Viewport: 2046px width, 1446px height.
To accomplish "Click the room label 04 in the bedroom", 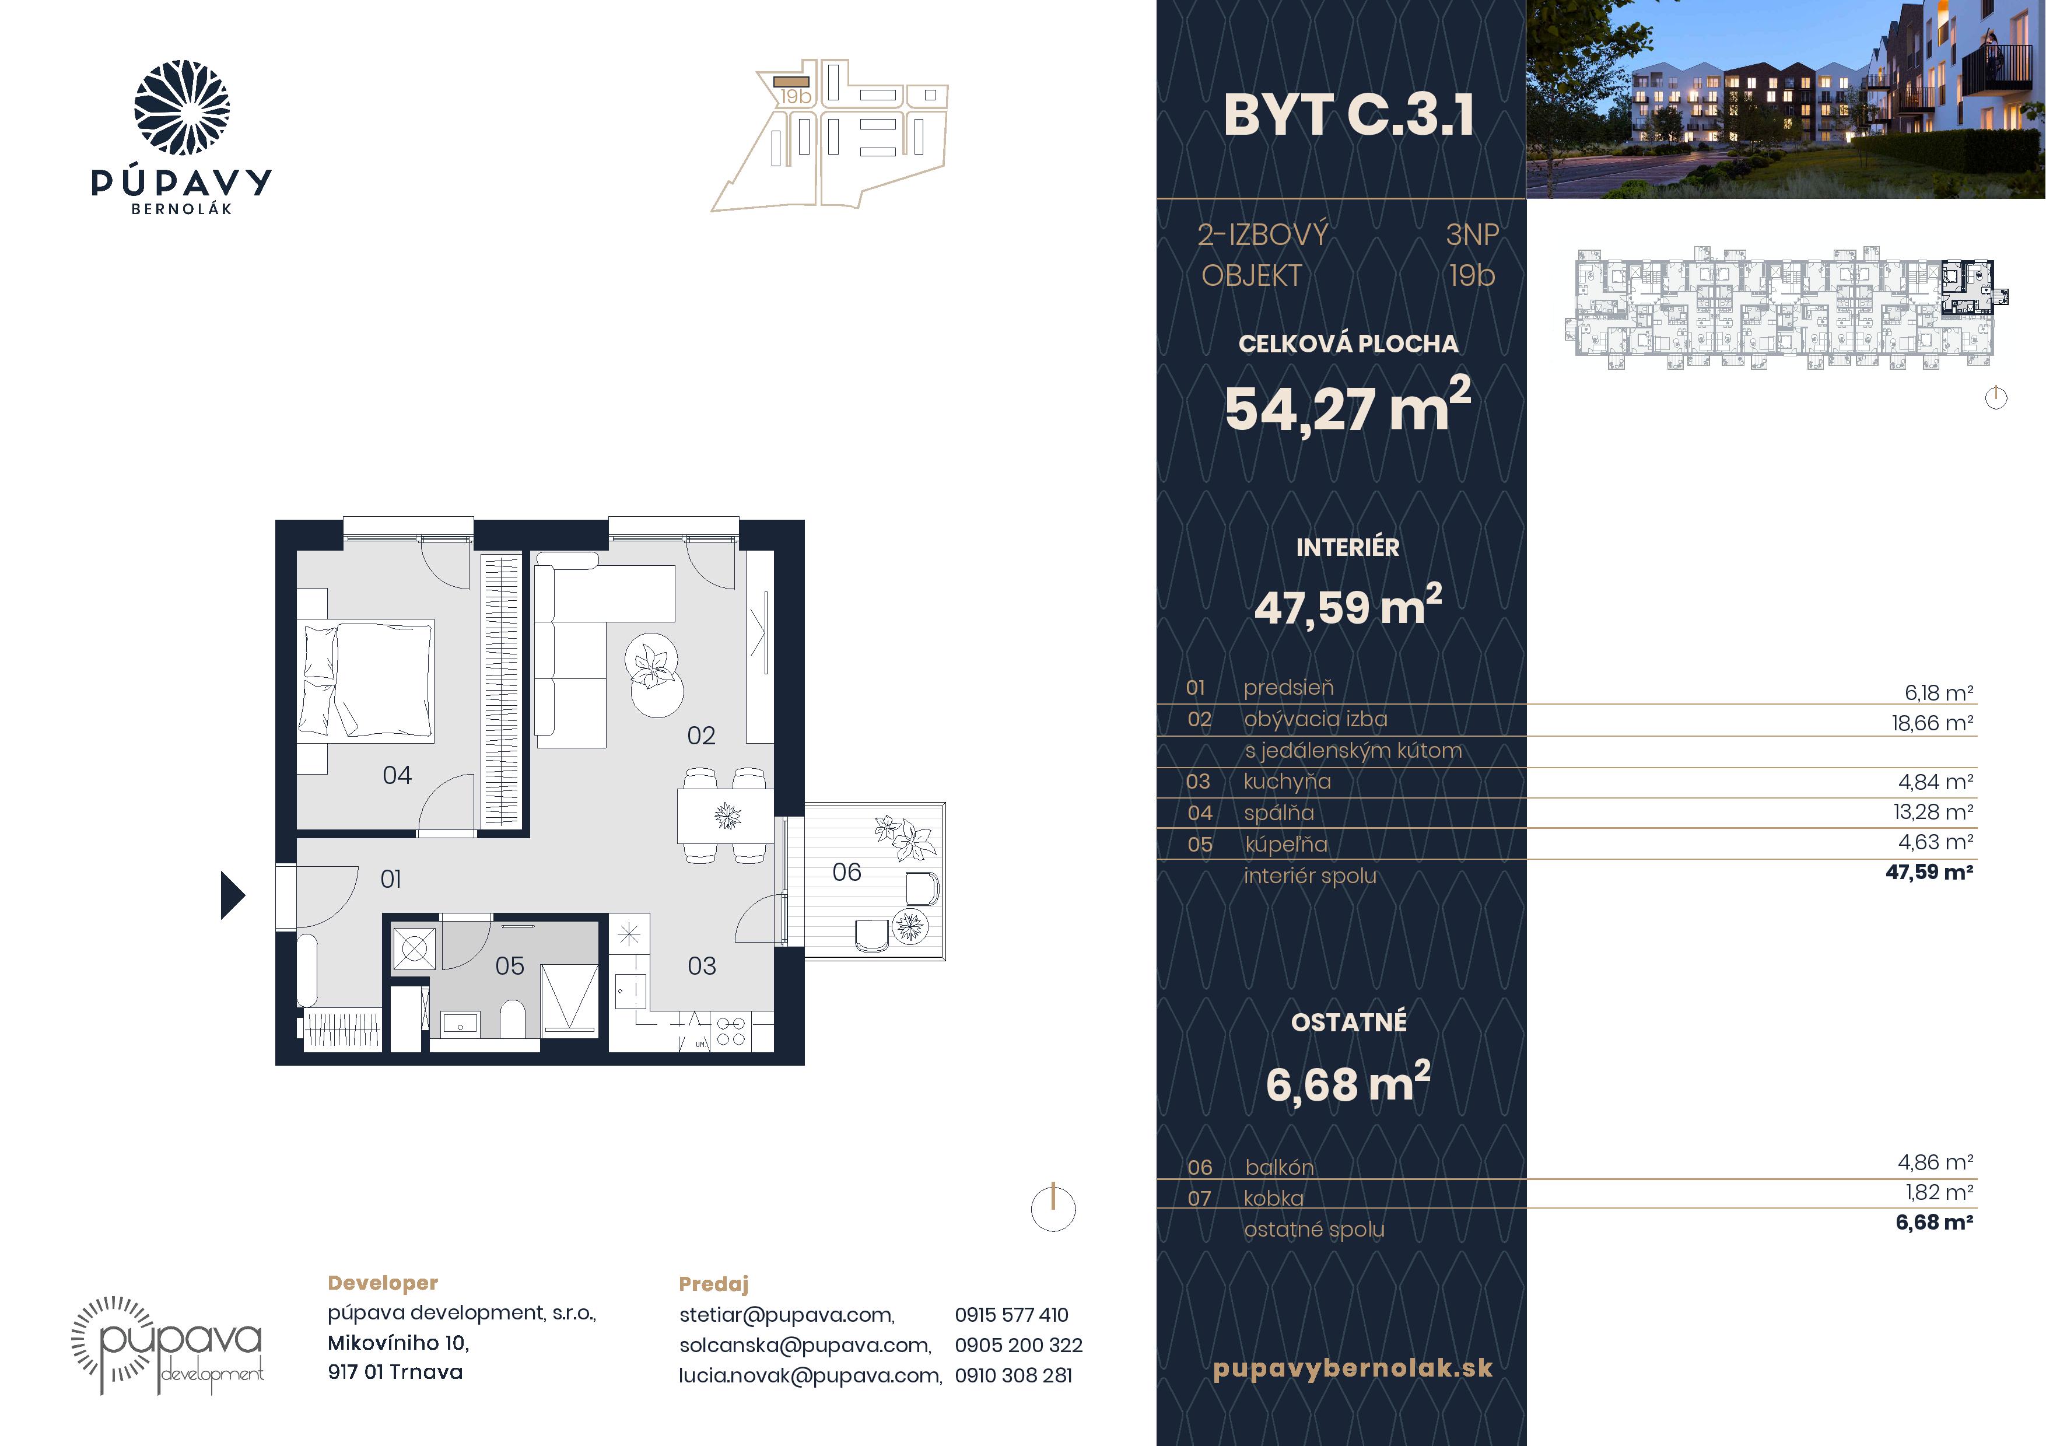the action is tap(397, 775).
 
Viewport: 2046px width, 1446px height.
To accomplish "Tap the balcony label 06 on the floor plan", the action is tap(846, 872).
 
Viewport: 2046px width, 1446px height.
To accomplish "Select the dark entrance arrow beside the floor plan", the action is tap(233, 895).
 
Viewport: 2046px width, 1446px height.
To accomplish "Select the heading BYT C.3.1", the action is tap(1348, 116).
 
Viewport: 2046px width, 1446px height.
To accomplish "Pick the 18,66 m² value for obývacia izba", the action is tap(1932, 723).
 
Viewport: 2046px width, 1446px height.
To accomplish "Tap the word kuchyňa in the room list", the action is tap(1287, 782).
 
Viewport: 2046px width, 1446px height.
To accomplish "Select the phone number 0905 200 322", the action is tap(1018, 1345).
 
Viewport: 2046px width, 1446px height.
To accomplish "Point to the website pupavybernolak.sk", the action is tap(1353, 1368).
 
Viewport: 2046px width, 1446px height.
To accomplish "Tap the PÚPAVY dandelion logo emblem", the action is tap(182, 108).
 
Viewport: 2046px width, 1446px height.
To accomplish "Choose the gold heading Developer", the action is tap(383, 1283).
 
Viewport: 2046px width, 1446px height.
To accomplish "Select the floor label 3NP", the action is tap(1472, 235).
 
